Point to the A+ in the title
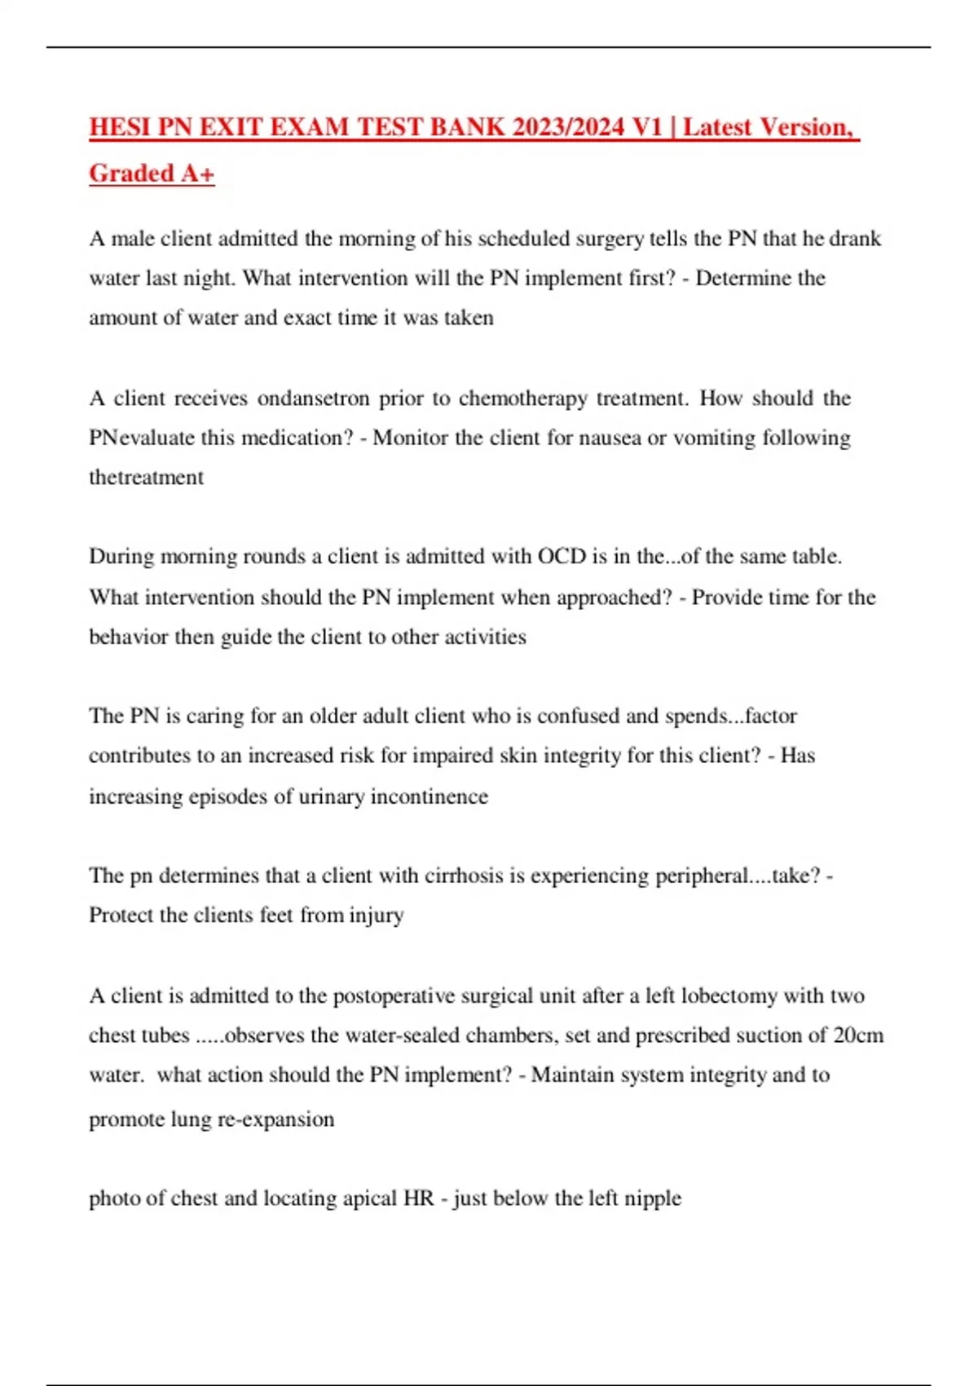tap(198, 173)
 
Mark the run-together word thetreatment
tap(146, 477)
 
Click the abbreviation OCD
tap(562, 557)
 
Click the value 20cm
tap(858, 1035)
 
